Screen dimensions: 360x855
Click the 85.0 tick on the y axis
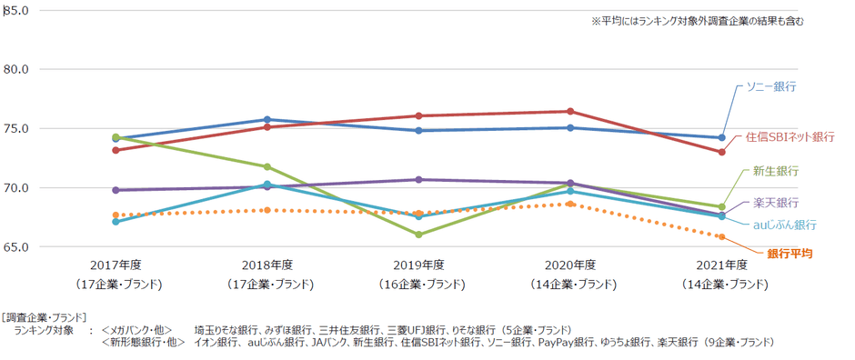pyautogui.click(x=17, y=10)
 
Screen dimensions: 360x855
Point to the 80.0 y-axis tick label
pyautogui.click(x=17, y=69)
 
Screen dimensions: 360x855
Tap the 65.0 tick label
pyautogui.click(x=17, y=247)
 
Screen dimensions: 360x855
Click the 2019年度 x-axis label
pyautogui.click(x=419, y=265)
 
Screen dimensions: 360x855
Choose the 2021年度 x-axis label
pyautogui.click(x=722, y=265)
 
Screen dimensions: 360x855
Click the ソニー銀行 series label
pyautogui.click(x=771, y=86)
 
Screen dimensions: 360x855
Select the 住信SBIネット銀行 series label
pyautogui.click(x=790, y=136)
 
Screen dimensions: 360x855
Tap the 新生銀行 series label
pyautogui.click(x=776, y=172)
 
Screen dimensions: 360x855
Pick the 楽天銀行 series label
pyautogui.click(x=776, y=202)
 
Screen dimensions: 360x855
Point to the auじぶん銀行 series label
pyautogui.click(x=783, y=224)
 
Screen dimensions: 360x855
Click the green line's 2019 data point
pyautogui.click(x=419, y=235)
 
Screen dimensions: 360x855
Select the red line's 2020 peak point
pyautogui.click(x=570, y=111)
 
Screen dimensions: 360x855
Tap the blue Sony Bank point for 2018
pyautogui.click(x=267, y=119)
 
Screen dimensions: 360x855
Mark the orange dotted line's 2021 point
pyautogui.click(x=721, y=236)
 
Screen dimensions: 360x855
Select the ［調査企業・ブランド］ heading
pyautogui.click(x=45, y=317)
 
